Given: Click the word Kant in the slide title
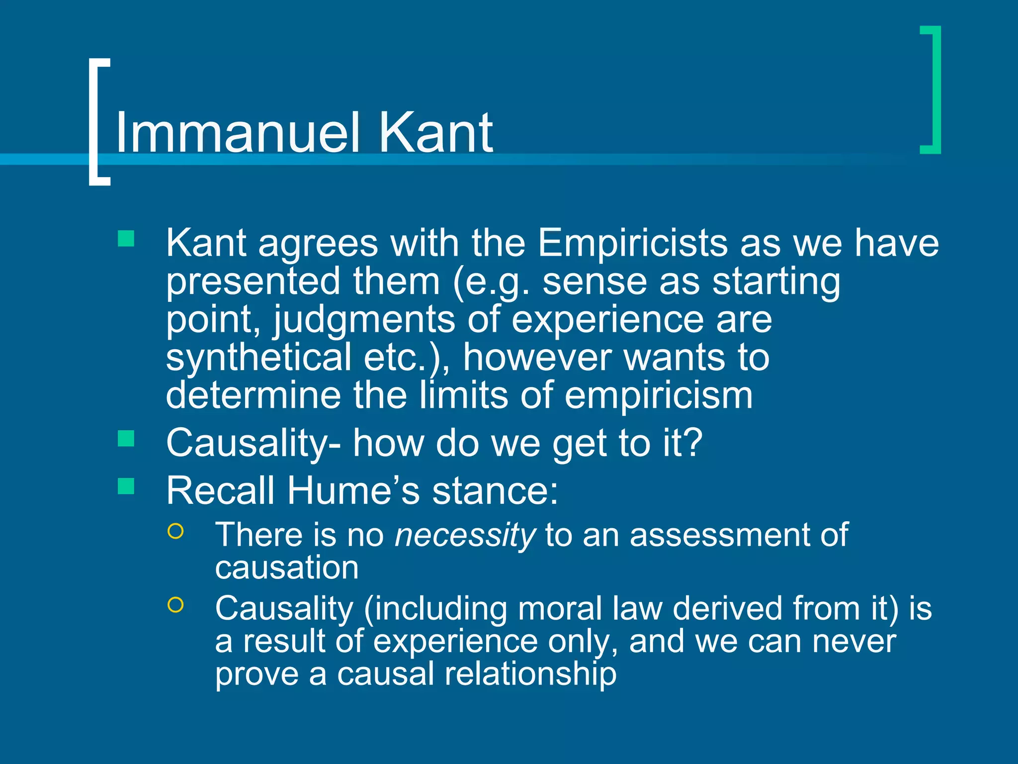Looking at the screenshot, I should click(x=435, y=132).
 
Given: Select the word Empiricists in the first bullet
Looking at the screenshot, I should click(x=632, y=243).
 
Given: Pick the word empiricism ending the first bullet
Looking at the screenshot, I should click(x=659, y=396).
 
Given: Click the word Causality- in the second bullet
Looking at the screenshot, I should click(x=254, y=443).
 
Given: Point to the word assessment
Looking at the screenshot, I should click(x=713, y=535).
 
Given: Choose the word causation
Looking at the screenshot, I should click(x=287, y=568).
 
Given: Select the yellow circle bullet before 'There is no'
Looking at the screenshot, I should click(x=176, y=531).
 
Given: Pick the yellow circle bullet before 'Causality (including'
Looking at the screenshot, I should click(x=176, y=604).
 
